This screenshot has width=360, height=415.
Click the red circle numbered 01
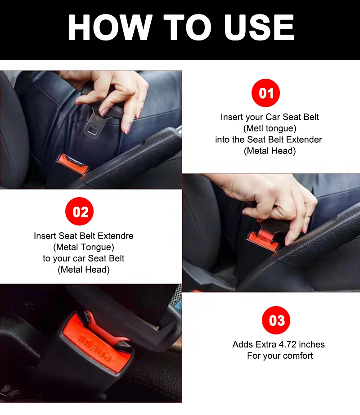pyautogui.click(x=265, y=93)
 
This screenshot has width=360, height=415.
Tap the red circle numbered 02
pyautogui.click(x=80, y=212)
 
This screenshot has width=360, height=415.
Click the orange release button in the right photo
pyautogui.click(x=264, y=237)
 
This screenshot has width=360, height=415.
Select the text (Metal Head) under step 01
pyautogui.click(x=270, y=151)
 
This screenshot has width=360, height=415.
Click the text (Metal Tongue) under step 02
pyautogui.click(x=84, y=247)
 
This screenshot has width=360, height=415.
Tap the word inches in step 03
pyautogui.click(x=311, y=344)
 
